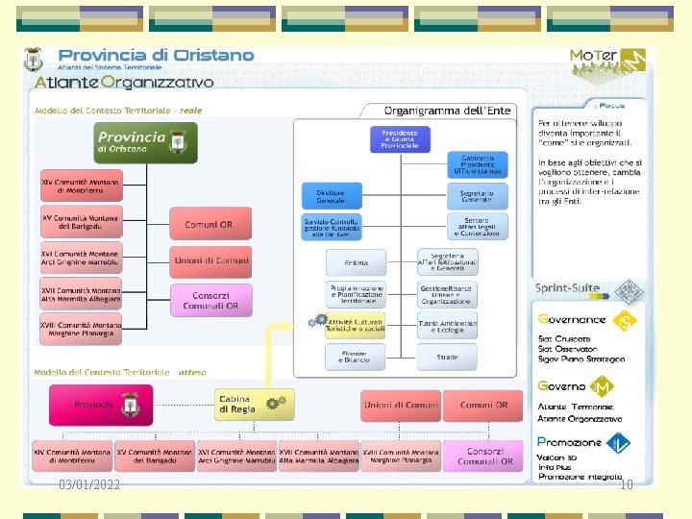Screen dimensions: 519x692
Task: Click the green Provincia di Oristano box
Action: (x=145, y=142)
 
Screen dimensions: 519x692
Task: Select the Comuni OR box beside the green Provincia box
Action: (x=209, y=224)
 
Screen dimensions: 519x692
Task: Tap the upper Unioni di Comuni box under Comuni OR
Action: (x=210, y=260)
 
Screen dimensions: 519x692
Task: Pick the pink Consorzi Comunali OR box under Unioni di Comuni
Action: (x=210, y=300)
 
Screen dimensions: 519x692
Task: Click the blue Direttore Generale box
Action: (x=331, y=196)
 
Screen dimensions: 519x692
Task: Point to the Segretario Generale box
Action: (x=476, y=196)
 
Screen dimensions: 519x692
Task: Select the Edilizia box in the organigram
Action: (x=357, y=261)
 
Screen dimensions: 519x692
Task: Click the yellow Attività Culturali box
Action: (x=356, y=325)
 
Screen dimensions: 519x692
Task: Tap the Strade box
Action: (x=447, y=357)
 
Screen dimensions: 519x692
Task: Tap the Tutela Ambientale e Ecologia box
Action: (x=447, y=325)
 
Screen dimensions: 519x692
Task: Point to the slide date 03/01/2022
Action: (x=89, y=485)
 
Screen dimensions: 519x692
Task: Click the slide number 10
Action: (x=627, y=485)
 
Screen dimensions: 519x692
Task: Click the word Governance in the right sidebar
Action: (x=572, y=320)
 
